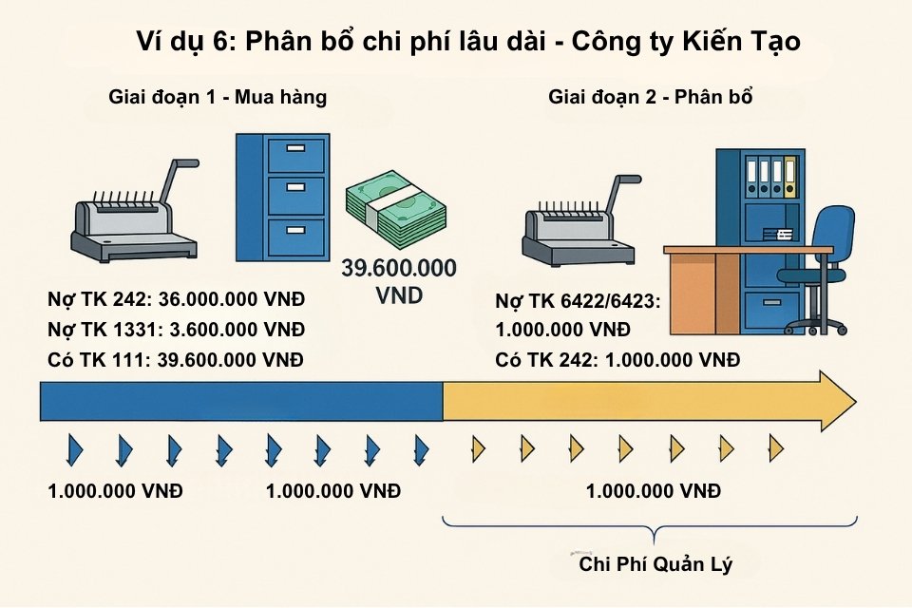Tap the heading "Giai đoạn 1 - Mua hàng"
218,98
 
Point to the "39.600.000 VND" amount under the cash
398,281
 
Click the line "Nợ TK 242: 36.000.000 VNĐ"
177,301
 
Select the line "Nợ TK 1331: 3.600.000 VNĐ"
177,331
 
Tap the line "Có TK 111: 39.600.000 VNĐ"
177,360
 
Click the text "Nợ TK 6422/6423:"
578,302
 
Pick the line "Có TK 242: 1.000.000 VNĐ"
617,360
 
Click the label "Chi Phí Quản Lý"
655,564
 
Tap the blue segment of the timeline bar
241,401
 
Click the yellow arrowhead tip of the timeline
841,400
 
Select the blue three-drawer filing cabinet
282,199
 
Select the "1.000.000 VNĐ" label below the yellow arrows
654,491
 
